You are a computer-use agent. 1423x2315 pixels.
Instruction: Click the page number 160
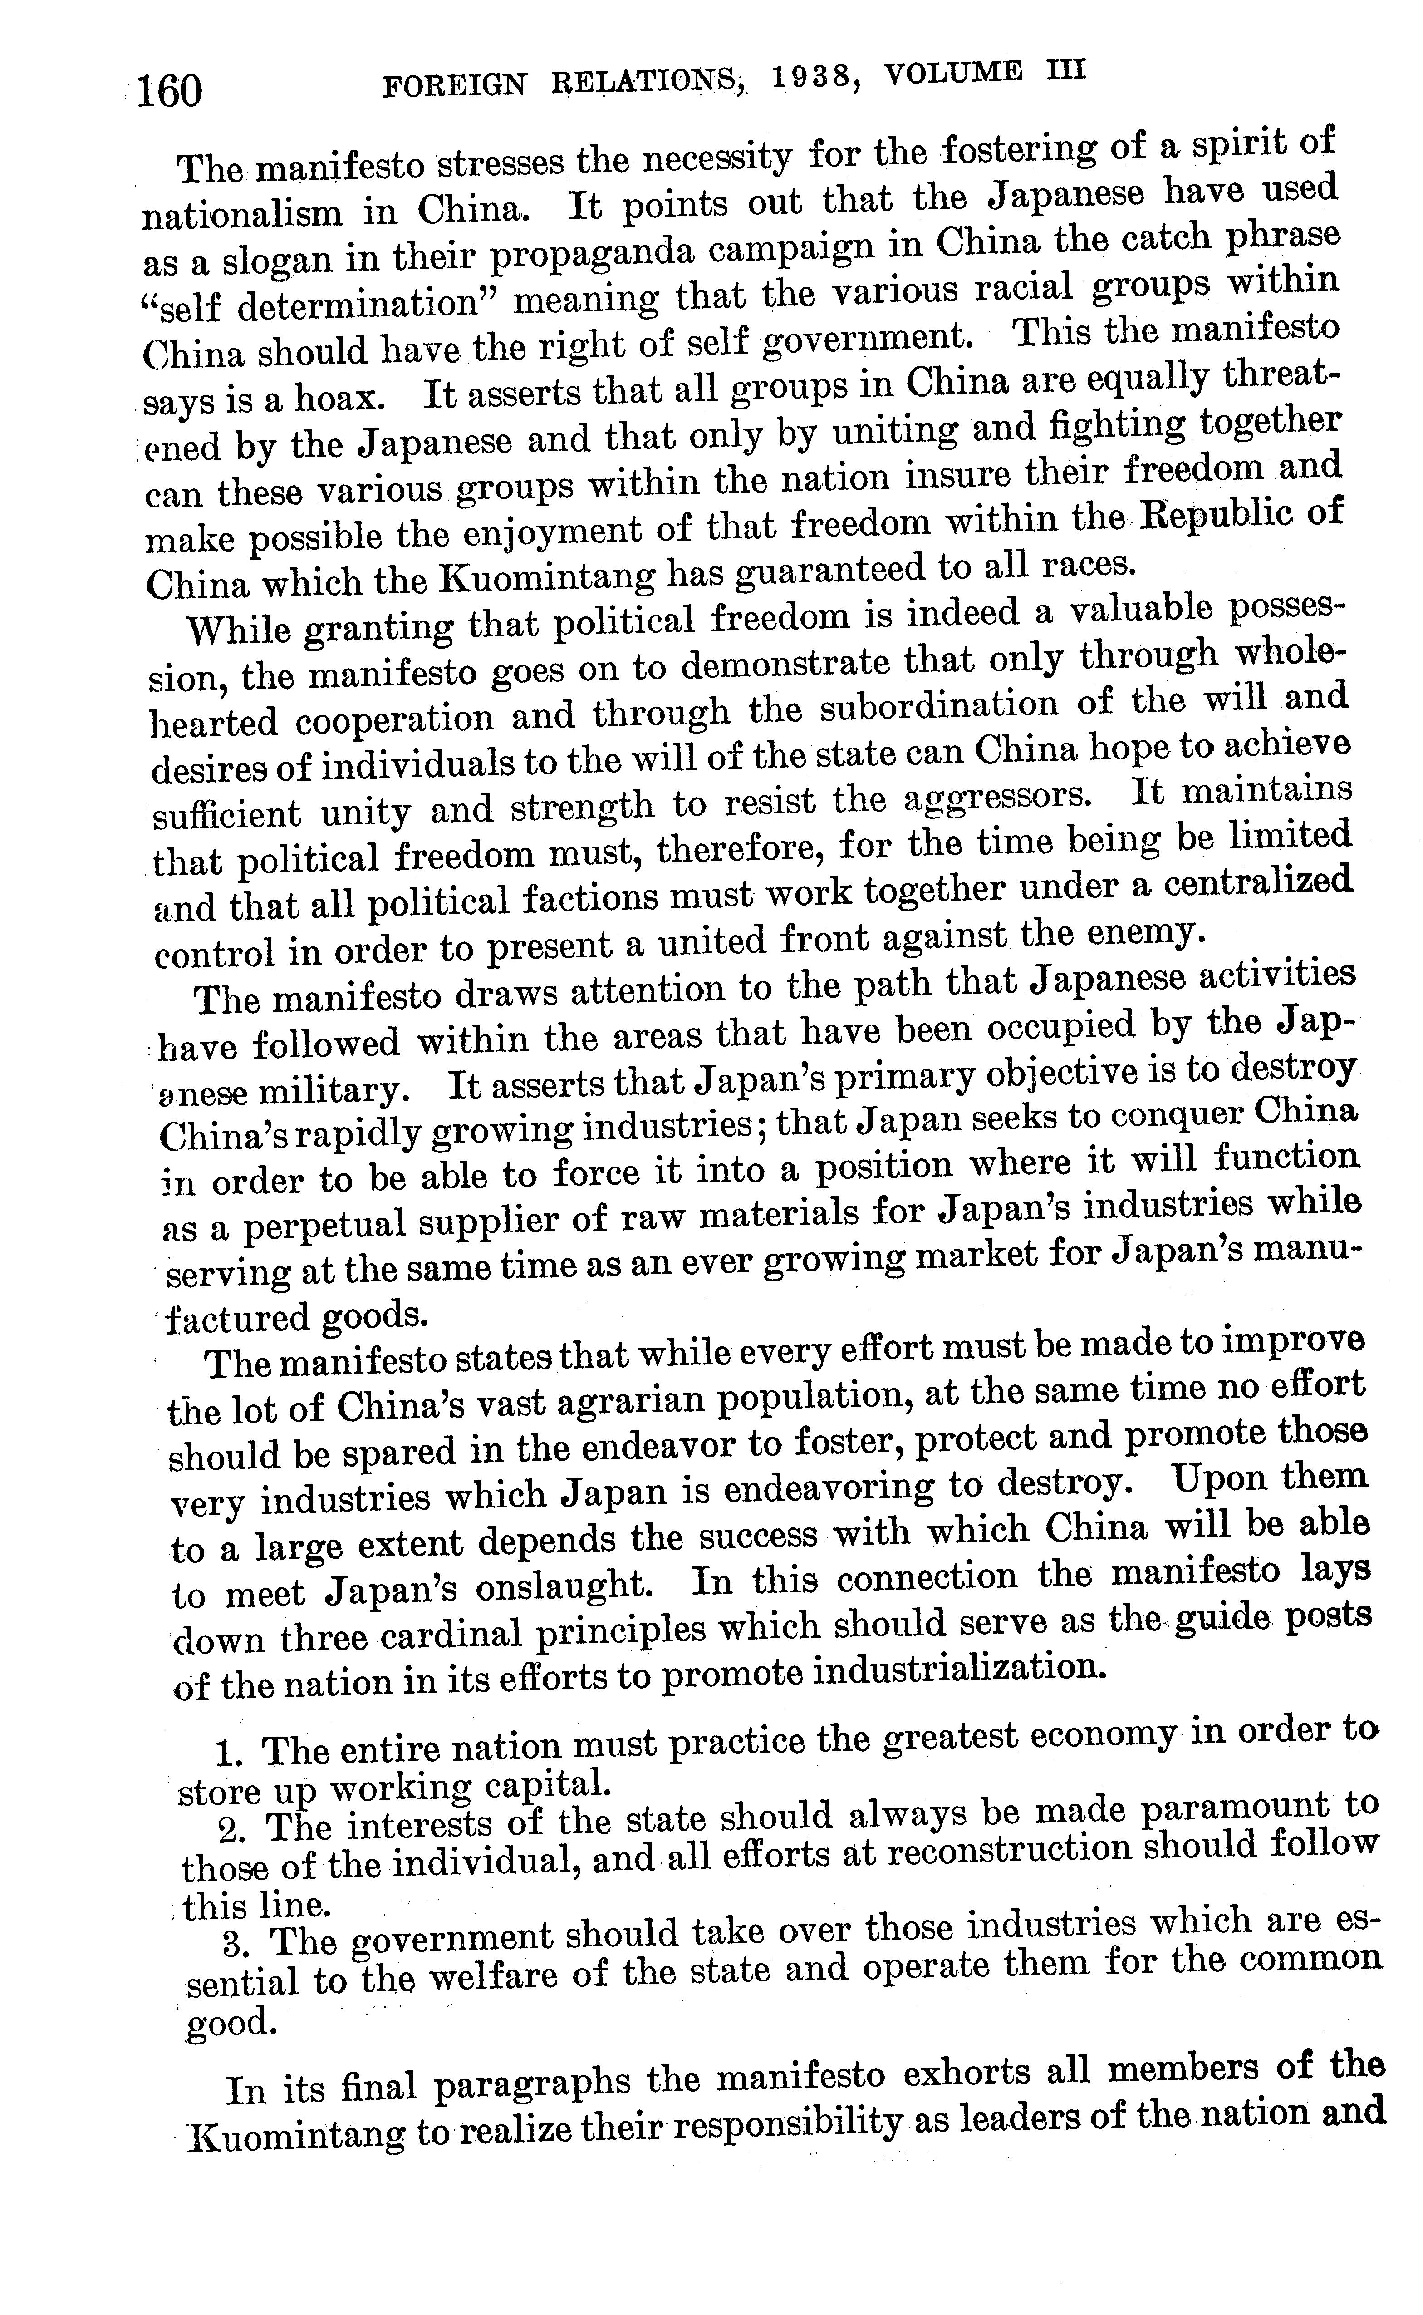169,91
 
